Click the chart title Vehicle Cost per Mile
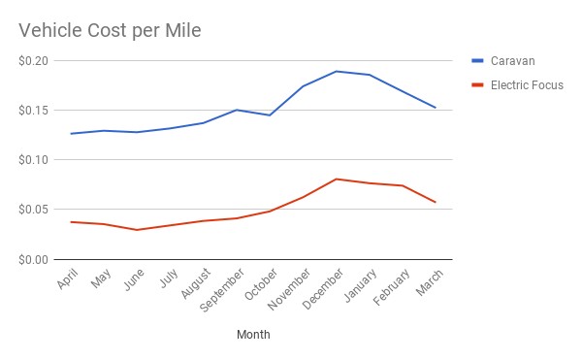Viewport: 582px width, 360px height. (111, 31)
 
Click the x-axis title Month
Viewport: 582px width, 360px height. (253, 335)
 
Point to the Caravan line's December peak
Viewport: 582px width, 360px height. (336, 71)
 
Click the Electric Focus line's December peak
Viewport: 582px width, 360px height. (336, 179)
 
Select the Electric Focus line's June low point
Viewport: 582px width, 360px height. (137, 230)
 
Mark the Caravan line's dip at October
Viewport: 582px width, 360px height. (269, 115)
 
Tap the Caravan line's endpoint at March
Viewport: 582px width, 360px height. (436, 108)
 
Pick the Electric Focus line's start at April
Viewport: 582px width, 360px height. (70, 222)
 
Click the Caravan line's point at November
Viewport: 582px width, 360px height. (303, 86)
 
